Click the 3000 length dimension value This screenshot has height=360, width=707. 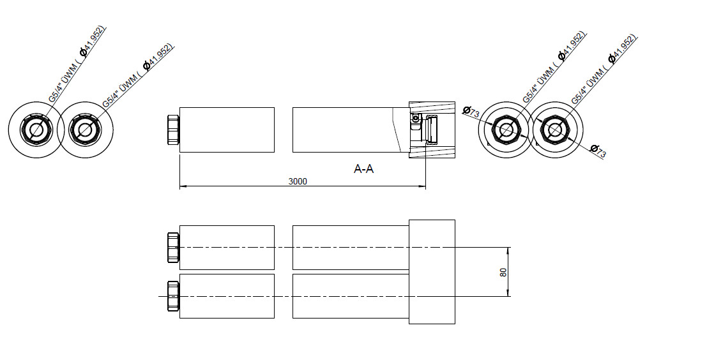click(298, 181)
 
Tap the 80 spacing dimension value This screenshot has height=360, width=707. click(503, 272)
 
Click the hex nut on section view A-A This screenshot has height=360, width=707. click(172, 130)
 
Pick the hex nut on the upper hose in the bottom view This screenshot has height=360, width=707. click(172, 247)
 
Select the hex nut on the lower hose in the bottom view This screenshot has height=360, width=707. click(172, 296)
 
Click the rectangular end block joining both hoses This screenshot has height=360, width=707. click(432, 271)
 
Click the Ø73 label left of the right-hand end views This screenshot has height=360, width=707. click(471, 112)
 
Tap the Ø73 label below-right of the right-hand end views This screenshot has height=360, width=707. click(598, 151)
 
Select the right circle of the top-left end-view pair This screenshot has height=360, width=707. click(85, 130)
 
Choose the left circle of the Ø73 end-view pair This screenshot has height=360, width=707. click(507, 130)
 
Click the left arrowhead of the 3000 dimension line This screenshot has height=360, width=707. click(183, 186)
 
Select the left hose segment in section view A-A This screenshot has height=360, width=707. click(227, 130)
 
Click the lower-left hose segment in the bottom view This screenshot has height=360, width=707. click(227, 296)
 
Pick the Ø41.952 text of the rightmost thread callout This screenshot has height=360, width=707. click(622, 49)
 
